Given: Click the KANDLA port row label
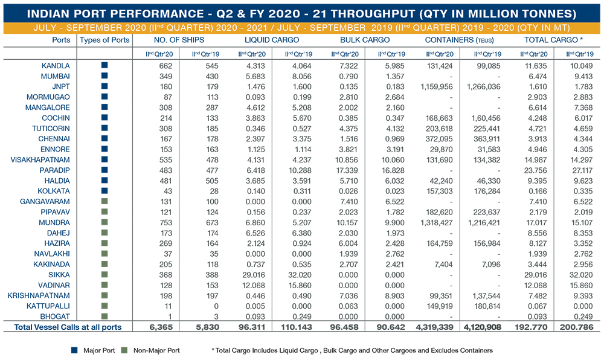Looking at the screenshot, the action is (56, 66).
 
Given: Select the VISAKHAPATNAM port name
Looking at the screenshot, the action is (40, 160).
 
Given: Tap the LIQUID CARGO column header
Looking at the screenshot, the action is (272, 40).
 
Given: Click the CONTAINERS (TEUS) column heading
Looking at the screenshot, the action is (459, 40).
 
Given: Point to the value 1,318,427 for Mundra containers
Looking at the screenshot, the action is (437, 222).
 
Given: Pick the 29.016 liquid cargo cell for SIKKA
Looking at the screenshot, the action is (254, 275).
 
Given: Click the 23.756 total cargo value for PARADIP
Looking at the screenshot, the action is (535, 170).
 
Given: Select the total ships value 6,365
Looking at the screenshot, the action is (161, 327).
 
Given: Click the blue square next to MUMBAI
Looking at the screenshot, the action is (104, 76).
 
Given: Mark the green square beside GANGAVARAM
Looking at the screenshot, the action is (104, 201).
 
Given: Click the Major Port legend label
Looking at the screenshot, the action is (99, 350).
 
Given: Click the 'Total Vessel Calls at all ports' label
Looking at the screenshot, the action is (68, 327).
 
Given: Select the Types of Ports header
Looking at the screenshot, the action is (104, 40).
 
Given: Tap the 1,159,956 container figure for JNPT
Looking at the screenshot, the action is (437, 86).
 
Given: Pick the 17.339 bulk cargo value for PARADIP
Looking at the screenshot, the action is (346, 170).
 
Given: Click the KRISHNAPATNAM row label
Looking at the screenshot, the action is (39, 296).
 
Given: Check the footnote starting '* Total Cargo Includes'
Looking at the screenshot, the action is (352, 350).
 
